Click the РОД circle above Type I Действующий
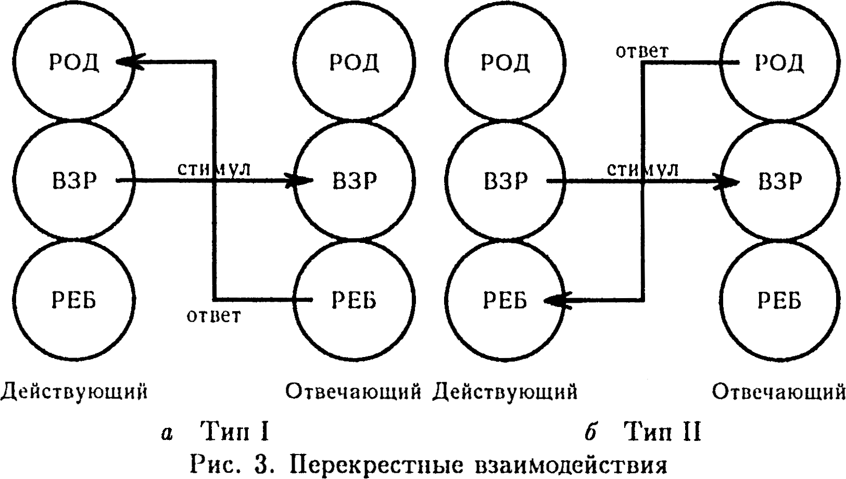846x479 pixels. (x=74, y=62)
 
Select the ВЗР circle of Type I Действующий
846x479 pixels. (x=74, y=180)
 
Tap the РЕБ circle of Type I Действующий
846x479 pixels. (x=74, y=300)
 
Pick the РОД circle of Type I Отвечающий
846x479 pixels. (x=354, y=62)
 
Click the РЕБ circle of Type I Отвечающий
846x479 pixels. (x=354, y=300)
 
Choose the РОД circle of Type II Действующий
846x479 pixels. (x=505, y=62)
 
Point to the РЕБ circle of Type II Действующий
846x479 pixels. (x=505, y=300)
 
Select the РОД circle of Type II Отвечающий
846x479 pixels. (x=779, y=62)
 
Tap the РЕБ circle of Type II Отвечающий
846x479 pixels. (x=779, y=300)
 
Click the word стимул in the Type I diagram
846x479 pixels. (x=214, y=169)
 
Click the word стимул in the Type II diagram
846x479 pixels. (x=642, y=169)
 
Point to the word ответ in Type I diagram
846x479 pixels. (x=214, y=315)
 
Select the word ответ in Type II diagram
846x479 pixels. (x=642, y=51)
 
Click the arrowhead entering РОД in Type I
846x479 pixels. (x=128, y=62)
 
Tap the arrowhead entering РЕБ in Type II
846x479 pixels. (x=554, y=301)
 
